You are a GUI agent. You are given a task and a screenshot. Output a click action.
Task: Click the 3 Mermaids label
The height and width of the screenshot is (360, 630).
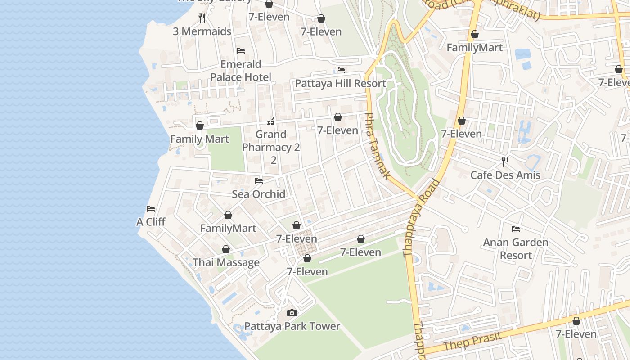(202, 31)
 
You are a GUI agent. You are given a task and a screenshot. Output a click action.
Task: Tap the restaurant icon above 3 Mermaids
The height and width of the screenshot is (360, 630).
(202, 18)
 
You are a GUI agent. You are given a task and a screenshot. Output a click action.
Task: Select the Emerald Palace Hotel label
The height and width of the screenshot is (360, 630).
(241, 71)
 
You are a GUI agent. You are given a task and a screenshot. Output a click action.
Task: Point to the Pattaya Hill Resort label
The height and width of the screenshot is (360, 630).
(340, 84)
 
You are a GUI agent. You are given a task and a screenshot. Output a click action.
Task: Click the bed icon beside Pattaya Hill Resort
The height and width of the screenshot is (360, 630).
(341, 70)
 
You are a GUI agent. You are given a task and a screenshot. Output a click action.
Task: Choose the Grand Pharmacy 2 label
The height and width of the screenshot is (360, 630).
(271, 141)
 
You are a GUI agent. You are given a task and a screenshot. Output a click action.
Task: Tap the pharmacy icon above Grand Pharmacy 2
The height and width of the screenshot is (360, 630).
(271, 121)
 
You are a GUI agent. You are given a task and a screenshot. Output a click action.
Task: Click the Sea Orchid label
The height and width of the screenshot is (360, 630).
(259, 194)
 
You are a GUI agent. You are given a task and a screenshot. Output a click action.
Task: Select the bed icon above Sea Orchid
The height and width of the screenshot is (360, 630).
(259, 181)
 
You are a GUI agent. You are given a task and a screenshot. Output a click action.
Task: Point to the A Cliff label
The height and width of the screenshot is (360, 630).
(151, 222)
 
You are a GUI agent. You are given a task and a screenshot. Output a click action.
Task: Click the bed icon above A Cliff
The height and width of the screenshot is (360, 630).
(151, 209)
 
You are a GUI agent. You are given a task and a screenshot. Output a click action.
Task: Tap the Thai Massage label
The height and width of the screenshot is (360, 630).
(226, 262)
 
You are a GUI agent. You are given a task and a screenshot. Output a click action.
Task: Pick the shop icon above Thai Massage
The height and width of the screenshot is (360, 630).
(226, 249)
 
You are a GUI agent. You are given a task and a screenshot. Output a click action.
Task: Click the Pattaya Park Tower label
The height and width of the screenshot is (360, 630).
(292, 326)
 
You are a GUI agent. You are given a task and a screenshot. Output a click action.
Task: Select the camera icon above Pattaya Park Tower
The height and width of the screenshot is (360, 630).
(292, 313)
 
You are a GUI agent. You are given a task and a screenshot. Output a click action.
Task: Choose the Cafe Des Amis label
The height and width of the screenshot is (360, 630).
(505, 175)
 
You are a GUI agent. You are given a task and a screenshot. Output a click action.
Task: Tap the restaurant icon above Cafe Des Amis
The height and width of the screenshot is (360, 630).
(505, 162)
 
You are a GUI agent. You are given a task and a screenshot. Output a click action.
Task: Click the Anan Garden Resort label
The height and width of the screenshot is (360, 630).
(516, 249)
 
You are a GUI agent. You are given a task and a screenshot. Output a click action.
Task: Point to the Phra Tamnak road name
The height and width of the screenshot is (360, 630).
(376, 146)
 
